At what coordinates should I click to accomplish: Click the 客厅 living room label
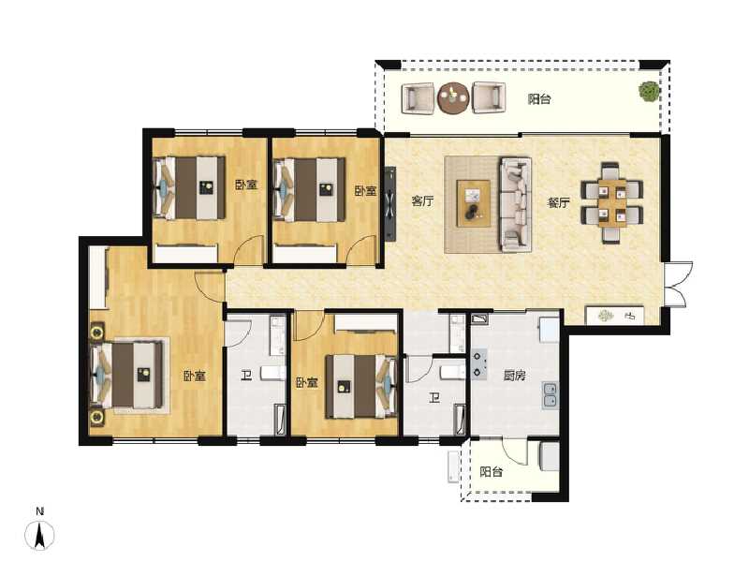(422, 200)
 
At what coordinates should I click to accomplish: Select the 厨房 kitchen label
(514, 377)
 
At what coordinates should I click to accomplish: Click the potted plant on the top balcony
(647, 92)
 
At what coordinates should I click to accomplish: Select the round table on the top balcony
(454, 97)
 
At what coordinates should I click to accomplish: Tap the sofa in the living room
(515, 204)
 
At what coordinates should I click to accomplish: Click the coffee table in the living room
(474, 202)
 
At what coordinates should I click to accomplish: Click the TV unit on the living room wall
(390, 203)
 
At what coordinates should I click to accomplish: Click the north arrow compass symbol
(40, 536)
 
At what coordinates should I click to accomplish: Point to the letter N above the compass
(40, 510)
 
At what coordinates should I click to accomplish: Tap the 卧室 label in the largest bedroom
(195, 377)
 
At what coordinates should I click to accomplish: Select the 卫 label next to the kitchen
(434, 398)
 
